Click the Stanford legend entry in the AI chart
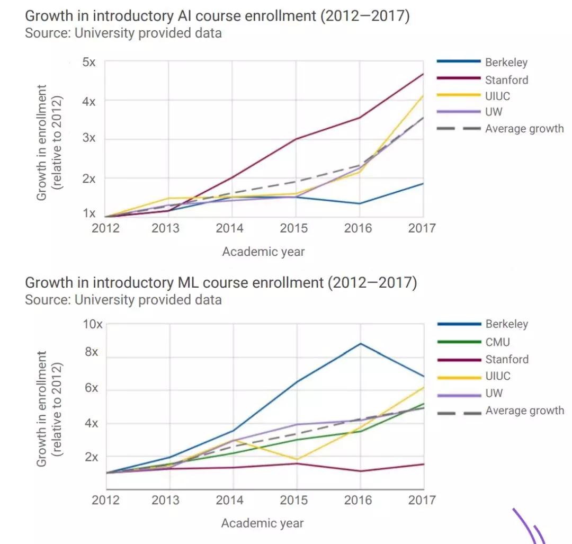[506, 80]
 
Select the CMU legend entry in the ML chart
[497, 342]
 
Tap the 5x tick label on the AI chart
[88, 62]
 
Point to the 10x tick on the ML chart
[93, 324]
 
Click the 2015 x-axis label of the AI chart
[294, 228]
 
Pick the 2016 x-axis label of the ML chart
[358, 500]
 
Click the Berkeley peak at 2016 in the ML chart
[361, 343]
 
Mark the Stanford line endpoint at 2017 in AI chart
[423, 74]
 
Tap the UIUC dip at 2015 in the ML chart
[297, 459]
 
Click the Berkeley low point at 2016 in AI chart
[360, 203]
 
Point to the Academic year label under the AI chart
[263, 252]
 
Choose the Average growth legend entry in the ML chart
[524, 411]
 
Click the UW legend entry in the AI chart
[494, 112]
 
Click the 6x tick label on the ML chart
[91, 388]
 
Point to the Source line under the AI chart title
[123, 33]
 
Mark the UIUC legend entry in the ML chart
[498, 376]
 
